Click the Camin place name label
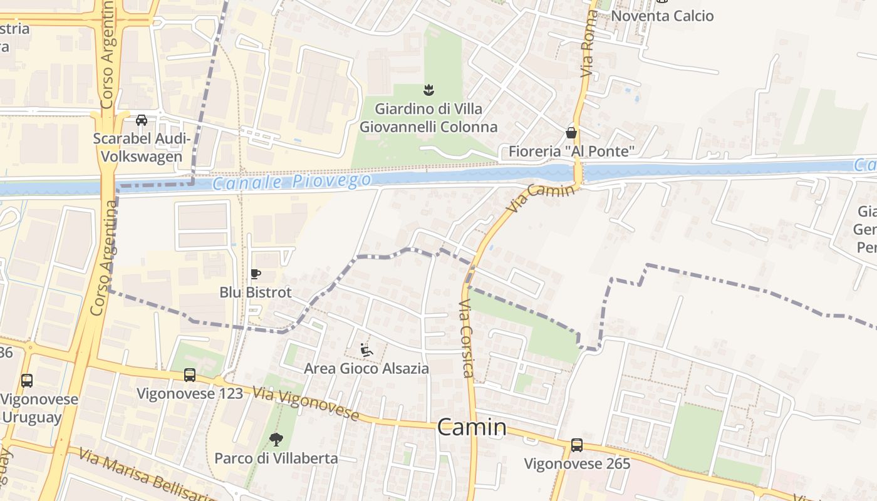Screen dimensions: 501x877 click(x=472, y=427)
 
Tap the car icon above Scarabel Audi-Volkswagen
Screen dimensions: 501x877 click(x=142, y=120)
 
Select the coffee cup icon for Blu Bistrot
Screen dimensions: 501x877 click(x=255, y=274)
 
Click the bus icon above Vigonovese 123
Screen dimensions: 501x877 click(x=189, y=374)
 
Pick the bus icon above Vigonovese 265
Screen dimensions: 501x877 click(x=576, y=445)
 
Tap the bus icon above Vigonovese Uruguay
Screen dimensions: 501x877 click(x=27, y=380)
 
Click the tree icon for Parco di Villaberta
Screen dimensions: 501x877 click(x=275, y=440)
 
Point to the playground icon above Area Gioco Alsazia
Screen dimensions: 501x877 click(x=366, y=350)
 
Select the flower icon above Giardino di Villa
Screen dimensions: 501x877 click(x=429, y=90)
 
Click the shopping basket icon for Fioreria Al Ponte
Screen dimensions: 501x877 click(x=571, y=132)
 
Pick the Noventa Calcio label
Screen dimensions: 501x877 click(x=662, y=16)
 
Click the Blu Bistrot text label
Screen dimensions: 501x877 click(x=255, y=292)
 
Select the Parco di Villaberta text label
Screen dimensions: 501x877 click(x=276, y=458)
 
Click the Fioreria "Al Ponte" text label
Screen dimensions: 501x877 click(x=571, y=151)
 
